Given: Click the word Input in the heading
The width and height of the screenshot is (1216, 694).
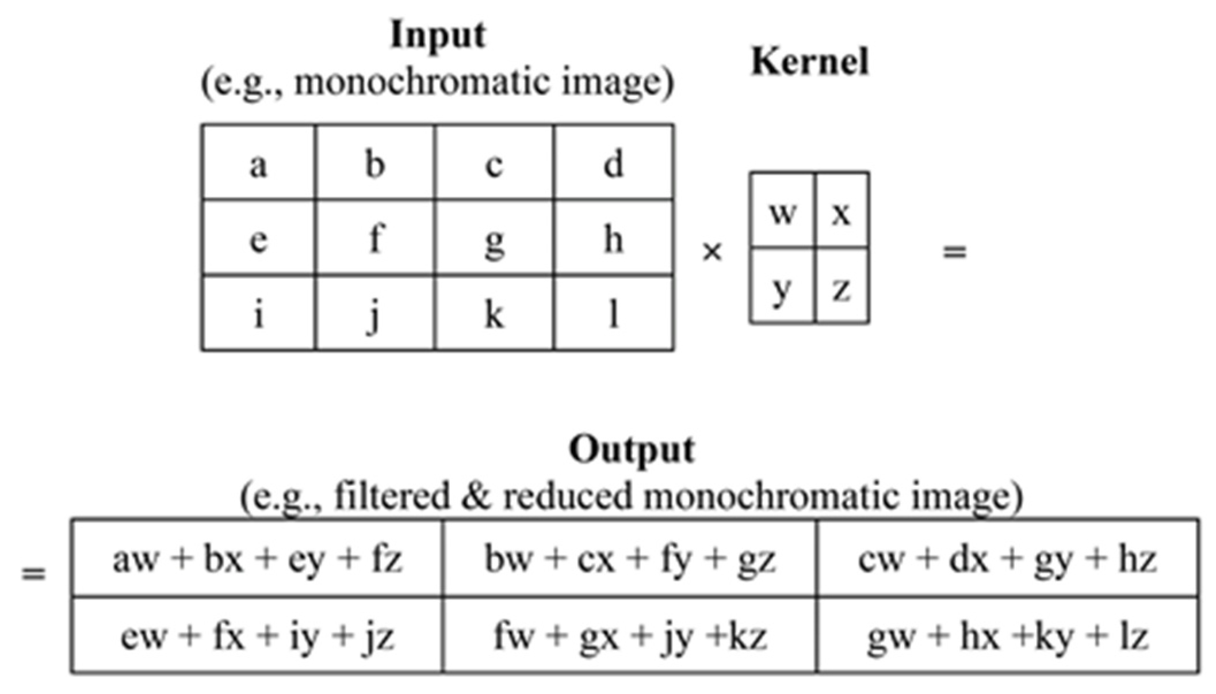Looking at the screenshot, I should pos(438,36).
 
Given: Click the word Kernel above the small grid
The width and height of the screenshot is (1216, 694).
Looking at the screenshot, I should pos(810,62).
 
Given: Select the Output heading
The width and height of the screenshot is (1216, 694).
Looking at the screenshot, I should pos(632,451).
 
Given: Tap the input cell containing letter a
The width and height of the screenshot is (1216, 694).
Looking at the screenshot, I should pos(258,163).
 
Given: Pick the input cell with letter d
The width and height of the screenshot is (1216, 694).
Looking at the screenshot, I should pos(613,163).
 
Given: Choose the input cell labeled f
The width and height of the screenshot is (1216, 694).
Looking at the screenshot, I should pos(375,238).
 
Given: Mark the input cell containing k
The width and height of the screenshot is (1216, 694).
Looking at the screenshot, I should pos(495,314).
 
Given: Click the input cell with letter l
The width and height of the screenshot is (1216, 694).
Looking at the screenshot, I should pos(614,314).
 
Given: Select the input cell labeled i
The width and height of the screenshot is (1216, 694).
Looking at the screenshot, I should pos(258,314).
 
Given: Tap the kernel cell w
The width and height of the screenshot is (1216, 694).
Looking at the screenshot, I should pos(782,212).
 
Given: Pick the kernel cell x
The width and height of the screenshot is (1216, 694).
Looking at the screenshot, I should pos(842,212).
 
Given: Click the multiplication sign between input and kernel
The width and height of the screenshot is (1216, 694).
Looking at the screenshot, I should pos(712,251).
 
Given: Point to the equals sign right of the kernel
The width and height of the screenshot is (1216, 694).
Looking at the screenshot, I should pos(954,251).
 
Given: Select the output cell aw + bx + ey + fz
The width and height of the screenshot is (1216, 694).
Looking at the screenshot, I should pos(257,559).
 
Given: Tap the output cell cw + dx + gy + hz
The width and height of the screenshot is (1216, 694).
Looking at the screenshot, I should pos(1007,559).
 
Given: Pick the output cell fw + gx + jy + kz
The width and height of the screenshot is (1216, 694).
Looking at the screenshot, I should pos(630,636).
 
